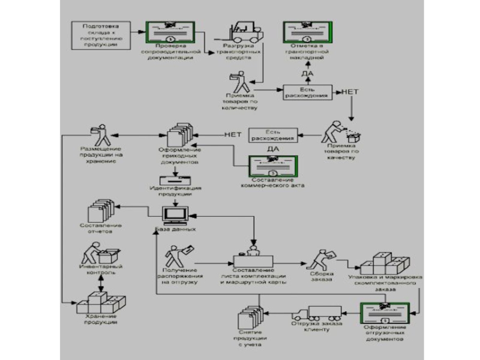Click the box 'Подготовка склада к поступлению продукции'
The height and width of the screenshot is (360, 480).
point(100,35)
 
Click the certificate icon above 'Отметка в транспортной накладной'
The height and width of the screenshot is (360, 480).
point(307,32)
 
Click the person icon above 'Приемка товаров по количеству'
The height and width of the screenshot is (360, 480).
point(238,82)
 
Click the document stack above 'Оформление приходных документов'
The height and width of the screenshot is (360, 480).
point(178,136)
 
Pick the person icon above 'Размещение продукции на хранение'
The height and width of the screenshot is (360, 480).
point(100,134)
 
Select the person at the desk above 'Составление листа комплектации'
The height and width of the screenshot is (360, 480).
point(253,253)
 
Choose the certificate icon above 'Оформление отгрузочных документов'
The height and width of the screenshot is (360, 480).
point(384,314)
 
